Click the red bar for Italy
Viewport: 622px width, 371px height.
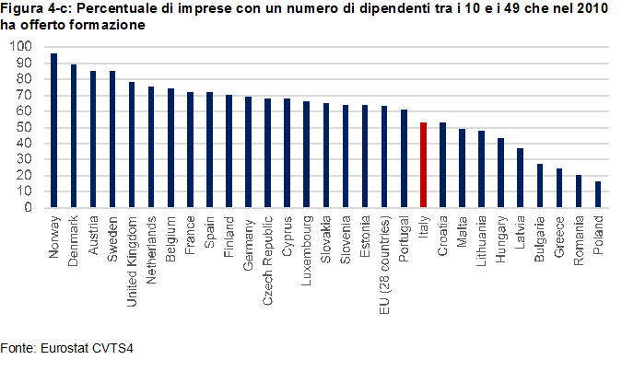coord(423,165)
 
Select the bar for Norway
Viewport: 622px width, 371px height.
coord(53,131)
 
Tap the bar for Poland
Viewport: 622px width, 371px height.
coord(598,194)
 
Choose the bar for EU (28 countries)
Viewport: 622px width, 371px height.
coord(384,157)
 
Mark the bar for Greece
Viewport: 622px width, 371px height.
coord(559,188)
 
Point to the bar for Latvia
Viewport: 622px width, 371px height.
coord(521,178)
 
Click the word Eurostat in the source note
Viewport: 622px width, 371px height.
coord(61,349)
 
